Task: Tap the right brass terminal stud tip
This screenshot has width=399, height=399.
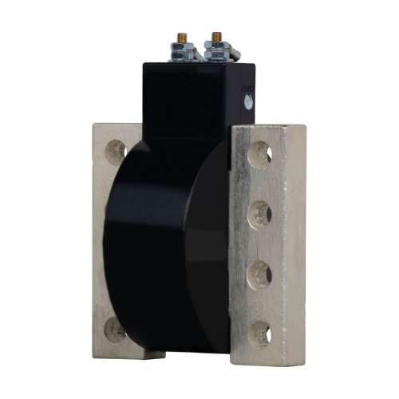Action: point(216,37)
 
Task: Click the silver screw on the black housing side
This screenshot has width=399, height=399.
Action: point(248,101)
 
